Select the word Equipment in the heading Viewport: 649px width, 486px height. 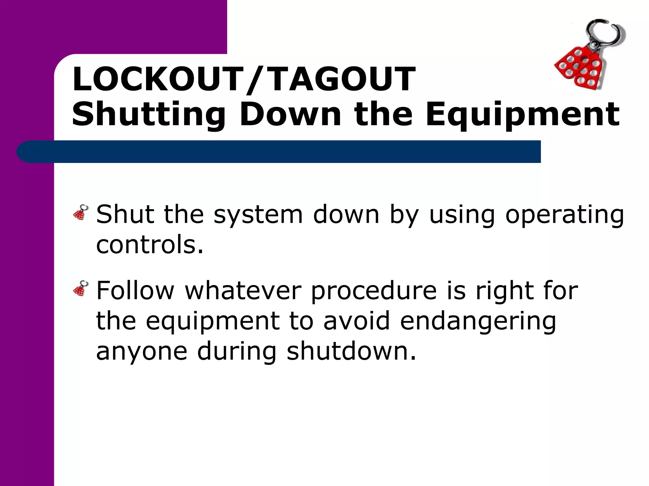point(522,115)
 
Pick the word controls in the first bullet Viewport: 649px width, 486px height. point(149,245)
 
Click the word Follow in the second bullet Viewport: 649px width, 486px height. point(135,290)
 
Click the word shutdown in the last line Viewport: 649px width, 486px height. point(351,351)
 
